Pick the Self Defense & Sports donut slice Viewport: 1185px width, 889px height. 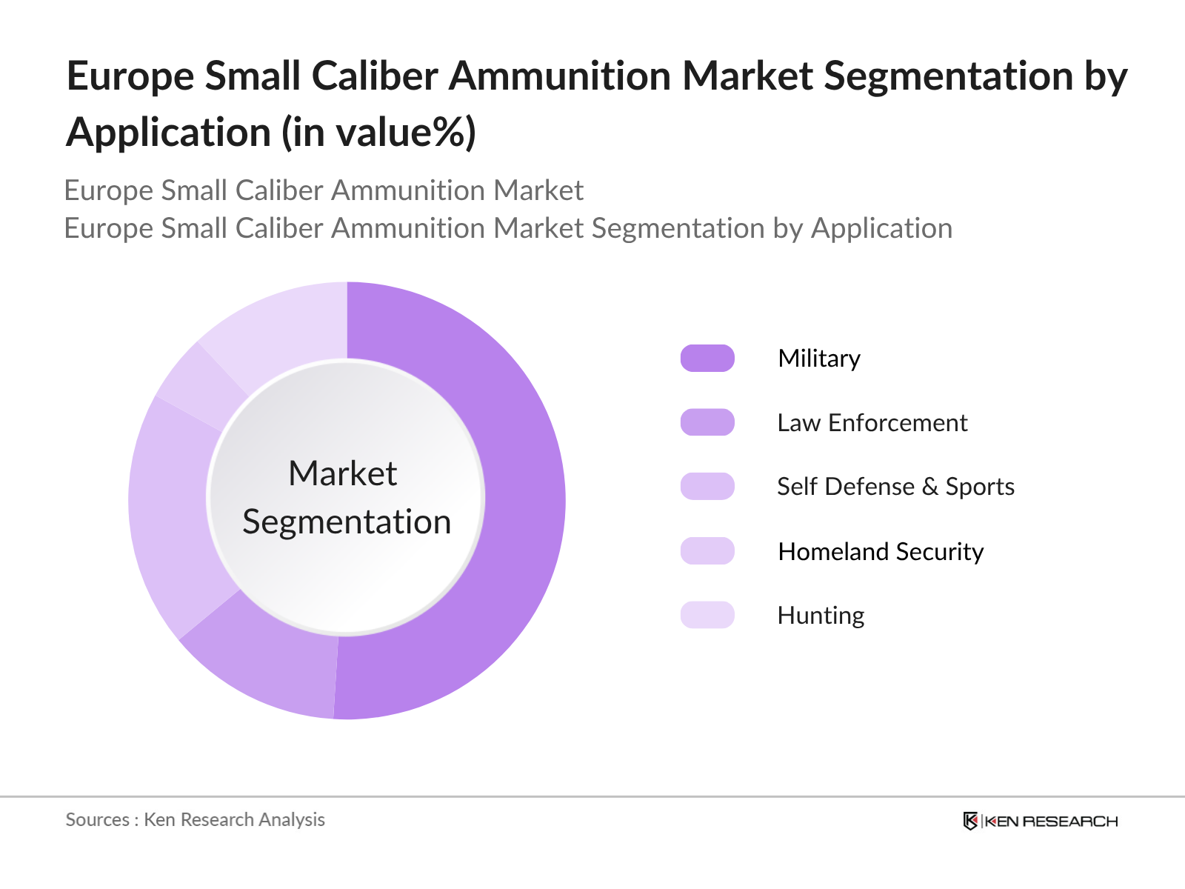170,511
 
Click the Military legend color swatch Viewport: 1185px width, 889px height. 707,359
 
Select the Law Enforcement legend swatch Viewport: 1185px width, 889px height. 707,422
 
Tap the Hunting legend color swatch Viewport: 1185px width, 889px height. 707,615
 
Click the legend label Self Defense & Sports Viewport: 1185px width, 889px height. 895,487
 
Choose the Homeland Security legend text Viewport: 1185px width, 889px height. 881,551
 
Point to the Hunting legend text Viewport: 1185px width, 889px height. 821,615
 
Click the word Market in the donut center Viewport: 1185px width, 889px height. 342,473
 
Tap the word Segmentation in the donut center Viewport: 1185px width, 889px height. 347,522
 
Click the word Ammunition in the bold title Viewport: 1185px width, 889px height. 560,76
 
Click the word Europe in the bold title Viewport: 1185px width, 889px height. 130,76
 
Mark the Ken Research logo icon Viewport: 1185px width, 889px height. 970,821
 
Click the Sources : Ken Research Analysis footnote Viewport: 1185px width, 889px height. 195,819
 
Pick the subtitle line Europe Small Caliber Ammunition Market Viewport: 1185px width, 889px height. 324,190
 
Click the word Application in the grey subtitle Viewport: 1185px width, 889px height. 881,228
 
